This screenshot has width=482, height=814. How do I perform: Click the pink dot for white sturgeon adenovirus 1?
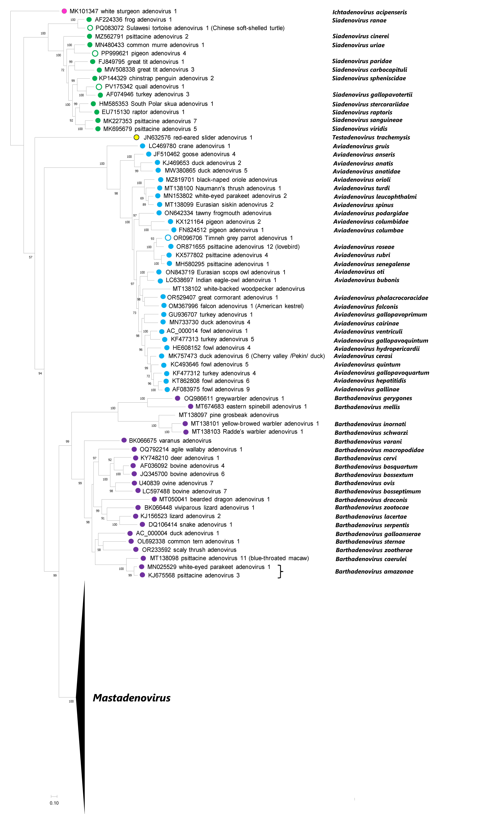[x=64, y=11]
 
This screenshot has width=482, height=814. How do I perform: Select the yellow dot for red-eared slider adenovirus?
[x=136, y=137]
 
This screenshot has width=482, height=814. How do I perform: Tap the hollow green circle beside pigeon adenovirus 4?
[x=95, y=53]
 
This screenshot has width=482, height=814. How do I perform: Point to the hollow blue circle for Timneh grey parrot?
[x=168, y=238]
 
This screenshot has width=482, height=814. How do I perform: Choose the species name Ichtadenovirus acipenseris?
[x=369, y=12]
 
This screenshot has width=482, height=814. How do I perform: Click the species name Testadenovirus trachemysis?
[x=371, y=137]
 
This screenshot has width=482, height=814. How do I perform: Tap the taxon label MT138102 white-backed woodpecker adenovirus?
[x=238, y=288]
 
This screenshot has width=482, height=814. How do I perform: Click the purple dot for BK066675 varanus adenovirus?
[x=124, y=440]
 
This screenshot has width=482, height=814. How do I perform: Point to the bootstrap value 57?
[x=31, y=257]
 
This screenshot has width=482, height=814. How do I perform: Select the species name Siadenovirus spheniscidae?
[x=369, y=78]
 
